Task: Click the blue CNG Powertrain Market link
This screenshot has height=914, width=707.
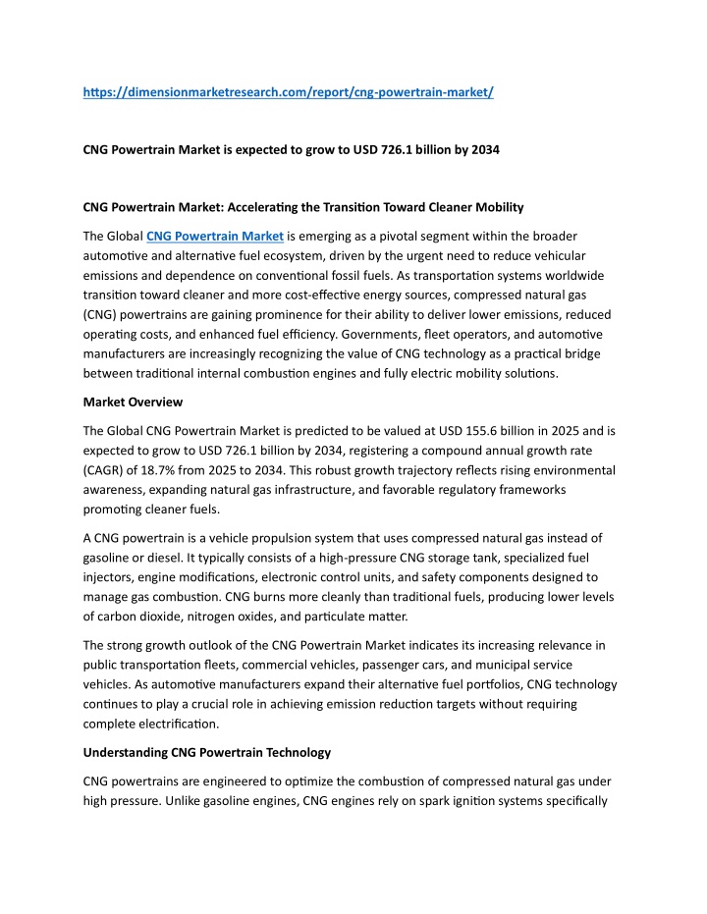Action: point(215,236)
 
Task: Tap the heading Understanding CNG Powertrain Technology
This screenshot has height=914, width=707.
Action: point(206,752)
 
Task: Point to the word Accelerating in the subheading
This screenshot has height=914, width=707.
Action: point(283,207)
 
